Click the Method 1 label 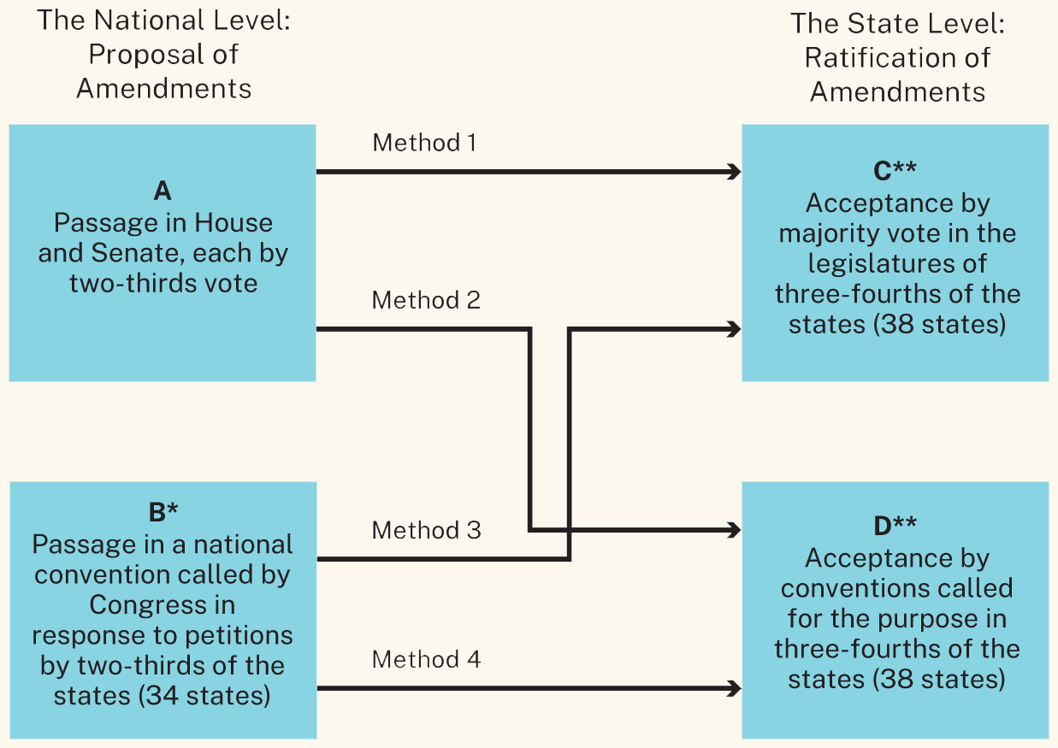pyautogui.click(x=424, y=143)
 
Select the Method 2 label pyautogui.click(x=426, y=301)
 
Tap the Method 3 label pyautogui.click(x=426, y=530)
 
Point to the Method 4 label pyautogui.click(x=426, y=660)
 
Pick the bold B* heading pyautogui.click(x=163, y=512)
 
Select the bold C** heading pyautogui.click(x=895, y=172)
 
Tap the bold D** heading pyautogui.click(x=895, y=527)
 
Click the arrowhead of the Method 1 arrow pyautogui.click(x=734, y=173)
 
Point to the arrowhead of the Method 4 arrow pyautogui.click(x=734, y=687)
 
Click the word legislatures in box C pyautogui.click(x=896, y=263)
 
